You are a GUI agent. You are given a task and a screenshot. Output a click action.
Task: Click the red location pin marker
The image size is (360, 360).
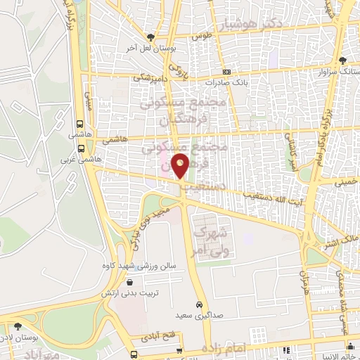pos(181,165)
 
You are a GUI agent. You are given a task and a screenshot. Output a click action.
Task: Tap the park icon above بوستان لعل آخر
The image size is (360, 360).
pos(149,37)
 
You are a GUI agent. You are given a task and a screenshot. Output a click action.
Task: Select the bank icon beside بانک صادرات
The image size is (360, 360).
pos(226,72)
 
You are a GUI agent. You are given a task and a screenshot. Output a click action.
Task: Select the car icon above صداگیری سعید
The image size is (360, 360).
pos(200,304)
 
